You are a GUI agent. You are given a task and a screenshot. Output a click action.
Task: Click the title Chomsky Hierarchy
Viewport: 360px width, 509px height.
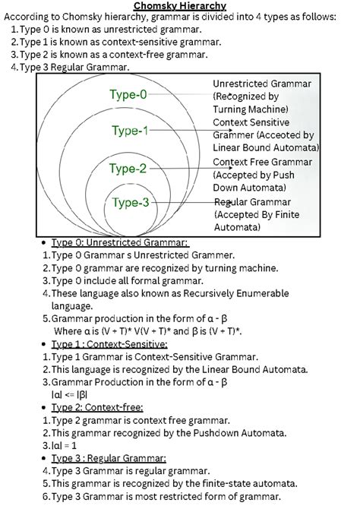[x=180, y=7]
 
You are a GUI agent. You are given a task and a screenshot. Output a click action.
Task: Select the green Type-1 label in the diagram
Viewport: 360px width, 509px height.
[x=130, y=131]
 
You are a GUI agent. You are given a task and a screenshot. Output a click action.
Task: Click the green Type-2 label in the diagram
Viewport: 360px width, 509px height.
[x=127, y=168]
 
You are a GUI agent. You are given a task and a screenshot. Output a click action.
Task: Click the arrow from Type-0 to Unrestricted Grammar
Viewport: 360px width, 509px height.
[x=182, y=96]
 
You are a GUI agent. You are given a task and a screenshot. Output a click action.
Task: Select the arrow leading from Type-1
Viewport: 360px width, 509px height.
[x=182, y=131]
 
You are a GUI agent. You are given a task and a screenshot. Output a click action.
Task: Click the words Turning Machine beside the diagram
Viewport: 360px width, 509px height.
[x=251, y=109]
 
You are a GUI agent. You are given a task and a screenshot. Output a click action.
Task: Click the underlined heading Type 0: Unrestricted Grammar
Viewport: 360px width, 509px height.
[x=119, y=242]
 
